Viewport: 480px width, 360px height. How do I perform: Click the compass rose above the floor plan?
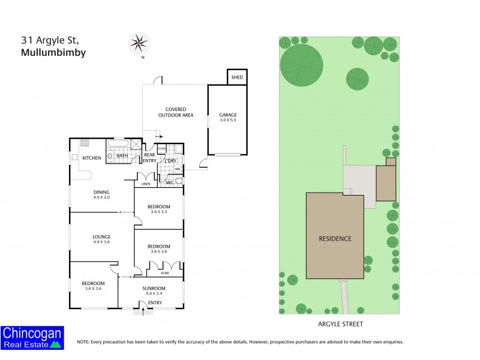pyautogui.click(x=139, y=43)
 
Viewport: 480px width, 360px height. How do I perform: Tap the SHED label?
pyautogui.click(x=237, y=77)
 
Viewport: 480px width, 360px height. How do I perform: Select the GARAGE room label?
pyautogui.click(x=227, y=115)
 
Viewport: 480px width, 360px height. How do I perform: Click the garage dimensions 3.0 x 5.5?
pyautogui.click(x=227, y=121)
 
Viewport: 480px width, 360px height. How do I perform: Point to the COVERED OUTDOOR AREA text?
pyautogui.click(x=175, y=112)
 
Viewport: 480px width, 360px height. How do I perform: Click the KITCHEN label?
pyautogui.click(x=92, y=158)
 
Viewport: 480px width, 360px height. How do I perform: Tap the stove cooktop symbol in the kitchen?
pyautogui.click(x=85, y=143)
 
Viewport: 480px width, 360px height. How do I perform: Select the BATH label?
pyautogui.click(x=122, y=157)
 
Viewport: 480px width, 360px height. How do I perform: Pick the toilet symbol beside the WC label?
pyautogui.click(x=178, y=180)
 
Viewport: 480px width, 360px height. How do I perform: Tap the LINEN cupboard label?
pyautogui.click(x=145, y=184)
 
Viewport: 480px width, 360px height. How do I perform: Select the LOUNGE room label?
pyautogui.click(x=101, y=236)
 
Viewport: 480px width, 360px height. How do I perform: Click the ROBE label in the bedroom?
pyautogui.click(x=165, y=273)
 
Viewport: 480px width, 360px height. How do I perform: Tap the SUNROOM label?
pyautogui.click(x=154, y=288)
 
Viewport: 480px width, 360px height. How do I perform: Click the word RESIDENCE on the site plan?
pyautogui.click(x=335, y=238)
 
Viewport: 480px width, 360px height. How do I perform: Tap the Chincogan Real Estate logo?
pyautogui.click(x=32, y=337)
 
